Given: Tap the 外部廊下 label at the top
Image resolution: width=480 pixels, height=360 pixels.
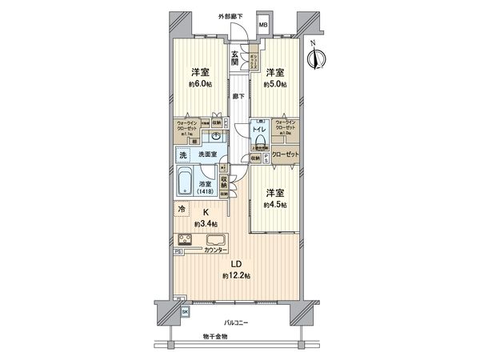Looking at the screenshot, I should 233,15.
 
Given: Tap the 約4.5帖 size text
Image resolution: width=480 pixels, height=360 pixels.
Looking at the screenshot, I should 274,205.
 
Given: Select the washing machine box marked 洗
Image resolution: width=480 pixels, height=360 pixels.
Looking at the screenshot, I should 182,154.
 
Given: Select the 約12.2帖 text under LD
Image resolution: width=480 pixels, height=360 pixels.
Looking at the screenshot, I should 237,275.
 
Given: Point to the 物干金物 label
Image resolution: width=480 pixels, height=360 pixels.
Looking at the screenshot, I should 214,336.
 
